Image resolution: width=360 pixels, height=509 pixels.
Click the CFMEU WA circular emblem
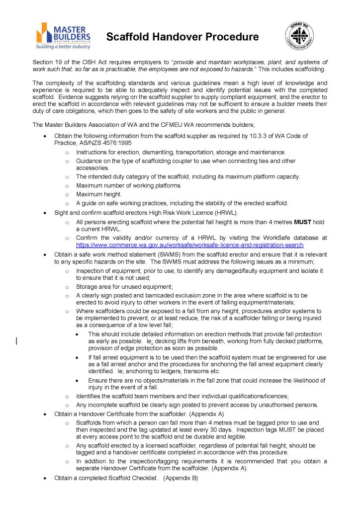click(299, 36)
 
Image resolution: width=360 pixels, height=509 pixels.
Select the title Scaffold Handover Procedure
click(182, 37)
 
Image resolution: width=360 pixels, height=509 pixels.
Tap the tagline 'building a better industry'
click(63, 47)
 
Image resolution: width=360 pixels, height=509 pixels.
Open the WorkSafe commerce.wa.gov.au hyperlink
click(189, 245)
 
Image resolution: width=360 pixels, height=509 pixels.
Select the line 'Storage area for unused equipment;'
click(124, 287)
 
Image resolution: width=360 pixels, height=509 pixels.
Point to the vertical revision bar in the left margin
click(16, 341)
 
